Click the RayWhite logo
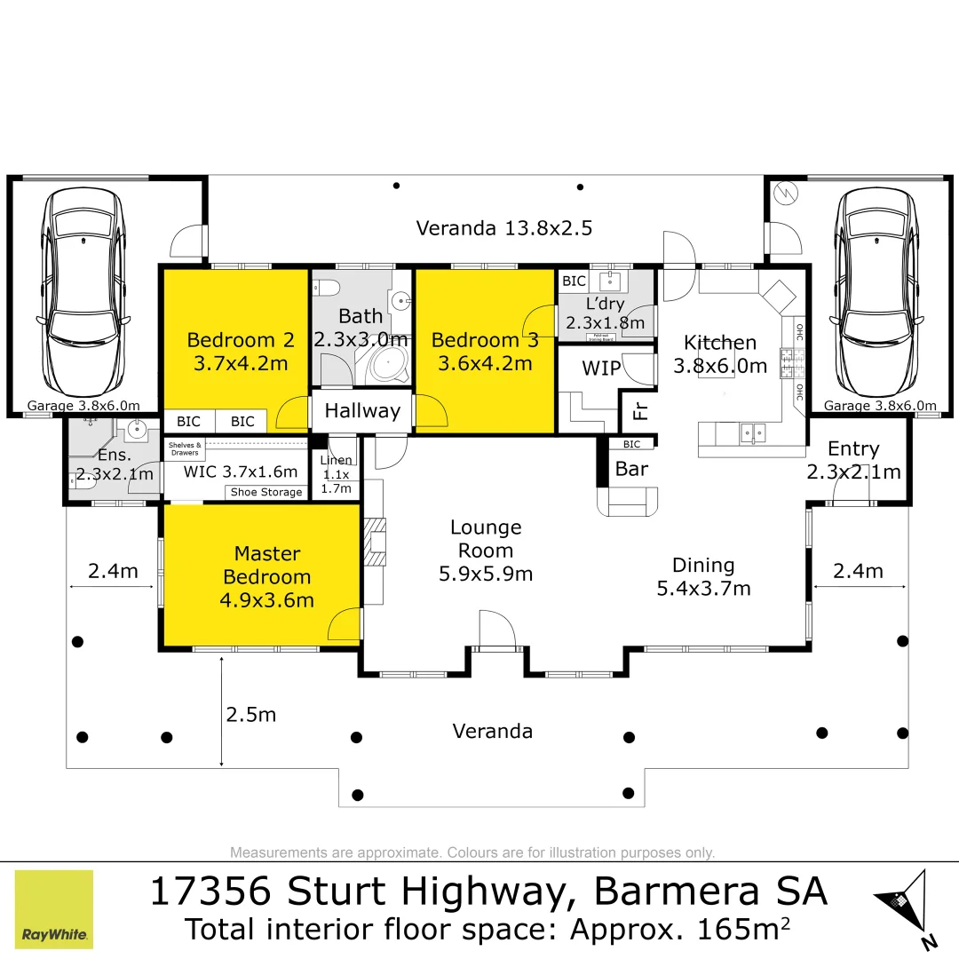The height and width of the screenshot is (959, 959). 54,908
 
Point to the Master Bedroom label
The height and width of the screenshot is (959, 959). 267,576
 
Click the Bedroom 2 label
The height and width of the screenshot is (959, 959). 241,351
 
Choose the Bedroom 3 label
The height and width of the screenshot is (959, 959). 484,351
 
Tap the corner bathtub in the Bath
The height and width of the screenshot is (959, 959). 387,364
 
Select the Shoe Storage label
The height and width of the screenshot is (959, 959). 266,492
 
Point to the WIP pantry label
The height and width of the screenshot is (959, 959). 600,369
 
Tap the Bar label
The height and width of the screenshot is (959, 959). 631,469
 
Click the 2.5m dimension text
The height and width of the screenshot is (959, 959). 251,715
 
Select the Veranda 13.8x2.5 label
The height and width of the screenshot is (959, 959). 503,228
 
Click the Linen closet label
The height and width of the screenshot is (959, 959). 336,474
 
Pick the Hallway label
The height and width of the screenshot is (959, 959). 362,411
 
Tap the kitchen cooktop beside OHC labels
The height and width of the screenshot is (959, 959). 789,363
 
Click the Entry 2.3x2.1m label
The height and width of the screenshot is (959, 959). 852,460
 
